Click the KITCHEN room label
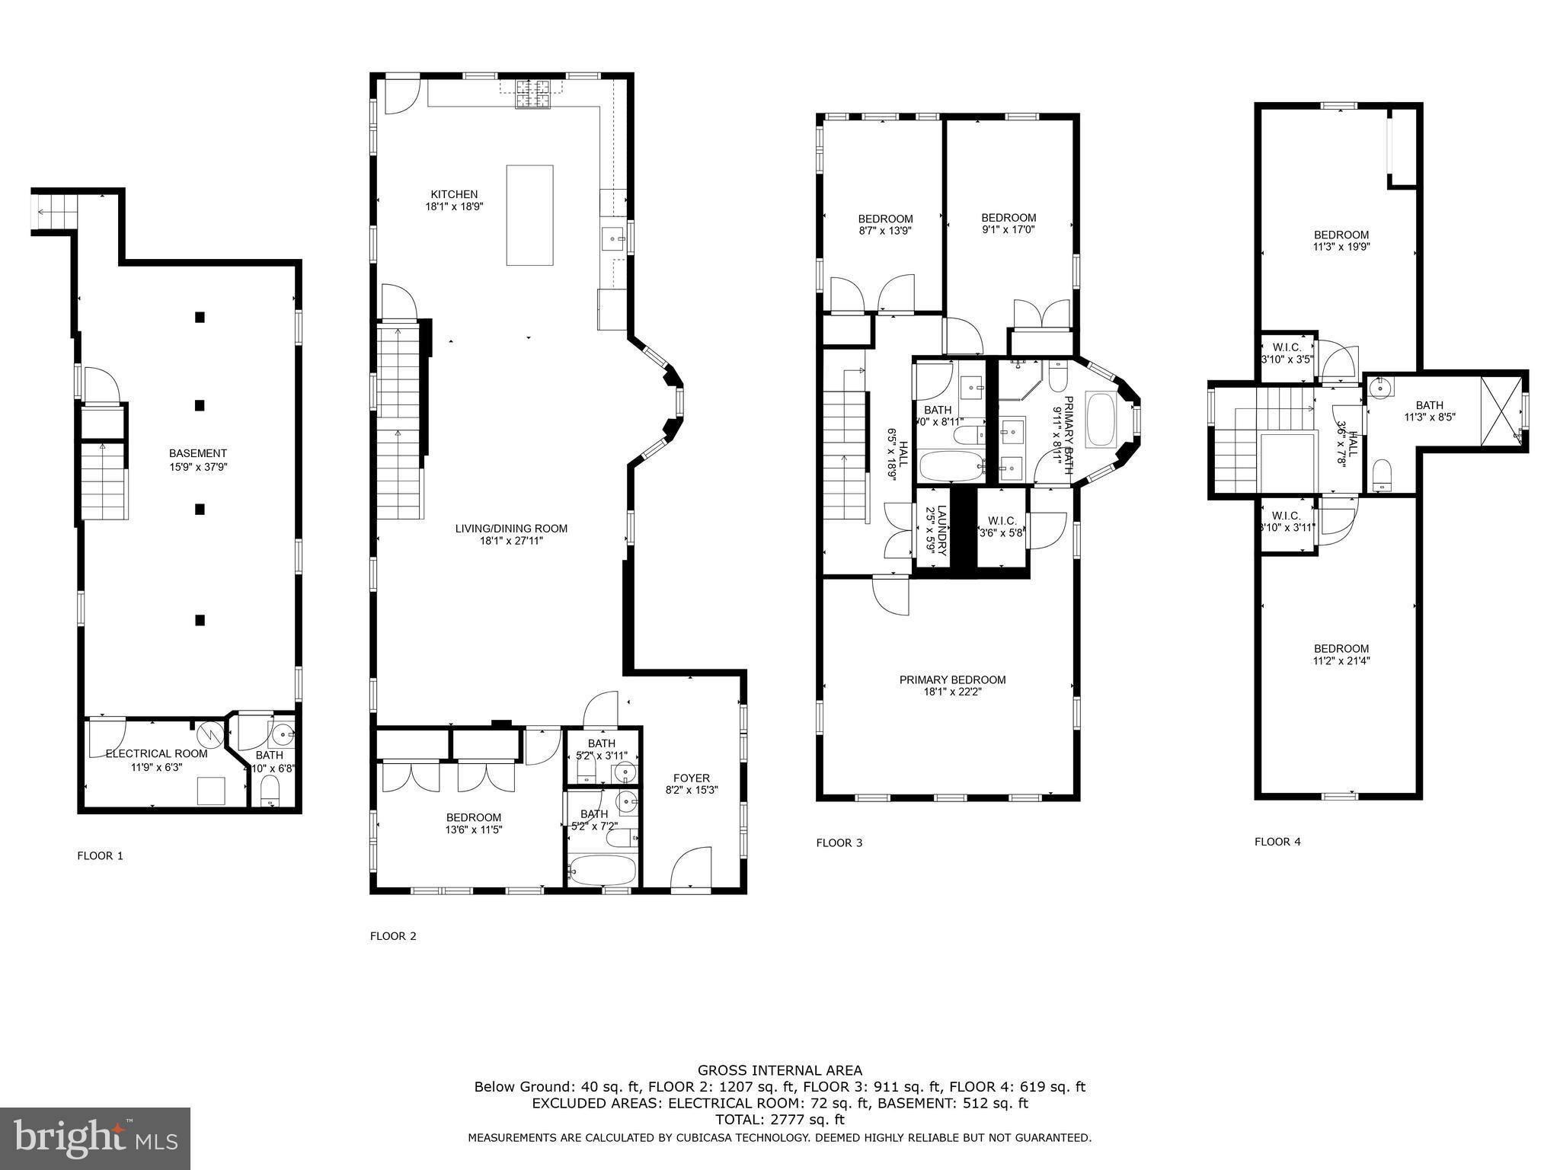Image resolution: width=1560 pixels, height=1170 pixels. pos(454,194)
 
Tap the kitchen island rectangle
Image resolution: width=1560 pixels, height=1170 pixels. pos(530,215)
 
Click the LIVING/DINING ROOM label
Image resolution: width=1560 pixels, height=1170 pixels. pos(511,529)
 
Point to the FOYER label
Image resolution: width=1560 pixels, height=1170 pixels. pos(692,778)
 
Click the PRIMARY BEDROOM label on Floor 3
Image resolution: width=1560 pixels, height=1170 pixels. pos(952,679)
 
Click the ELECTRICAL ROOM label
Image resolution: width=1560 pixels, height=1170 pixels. pos(156,753)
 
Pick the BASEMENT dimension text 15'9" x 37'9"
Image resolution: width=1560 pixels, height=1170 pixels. pos(198,467)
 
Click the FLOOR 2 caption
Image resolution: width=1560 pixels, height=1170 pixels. pos(393,936)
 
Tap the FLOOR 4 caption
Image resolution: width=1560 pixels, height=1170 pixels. pos(1277,842)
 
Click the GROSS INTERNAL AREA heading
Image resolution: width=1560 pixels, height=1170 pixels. pos(780,1070)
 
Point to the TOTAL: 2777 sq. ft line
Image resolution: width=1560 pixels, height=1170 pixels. pos(780,1119)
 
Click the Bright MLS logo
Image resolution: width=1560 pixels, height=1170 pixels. pos(95,1139)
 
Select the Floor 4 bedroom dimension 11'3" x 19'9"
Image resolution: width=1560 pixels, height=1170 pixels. pos(1341,247)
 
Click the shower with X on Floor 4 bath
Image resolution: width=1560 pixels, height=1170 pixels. pos(1499,411)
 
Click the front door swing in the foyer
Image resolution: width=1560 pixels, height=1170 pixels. pos(691,868)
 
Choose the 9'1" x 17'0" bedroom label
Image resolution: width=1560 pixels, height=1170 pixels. pos(1008,229)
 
